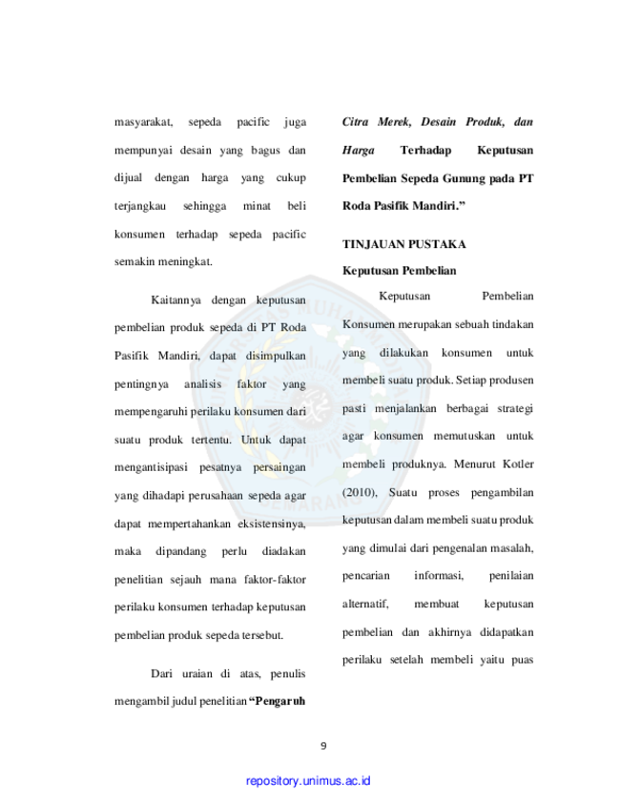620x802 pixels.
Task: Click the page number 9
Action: pyautogui.click(x=323, y=746)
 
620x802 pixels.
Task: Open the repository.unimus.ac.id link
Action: pyautogui.click(x=308, y=781)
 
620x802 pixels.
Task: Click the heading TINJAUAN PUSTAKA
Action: pyautogui.click(x=404, y=244)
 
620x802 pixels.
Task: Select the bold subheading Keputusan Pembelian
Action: pyautogui.click(x=399, y=271)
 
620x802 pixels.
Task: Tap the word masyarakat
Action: pyautogui.click(x=143, y=122)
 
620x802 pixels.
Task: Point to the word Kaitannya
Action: pyautogui.click(x=176, y=300)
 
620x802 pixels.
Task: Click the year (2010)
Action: pyautogui.click(x=360, y=493)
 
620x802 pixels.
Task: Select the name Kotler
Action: pyautogui.click(x=518, y=463)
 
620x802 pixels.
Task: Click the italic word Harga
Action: pyautogui.click(x=358, y=151)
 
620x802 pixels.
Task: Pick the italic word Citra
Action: pyautogui.click(x=355, y=122)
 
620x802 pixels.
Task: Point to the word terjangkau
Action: pyautogui.click(x=139, y=206)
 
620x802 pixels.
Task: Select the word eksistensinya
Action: pyautogui.click(x=272, y=524)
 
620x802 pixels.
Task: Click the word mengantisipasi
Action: pyautogui.click(x=151, y=467)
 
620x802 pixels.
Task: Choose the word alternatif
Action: pyautogui.click(x=365, y=604)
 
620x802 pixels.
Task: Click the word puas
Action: pyautogui.click(x=523, y=660)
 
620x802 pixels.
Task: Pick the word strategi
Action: pyautogui.click(x=516, y=409)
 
